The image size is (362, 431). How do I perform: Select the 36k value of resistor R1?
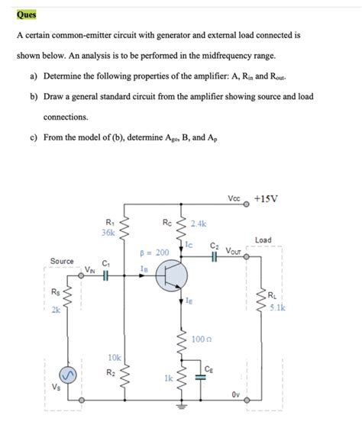tap(108, 233)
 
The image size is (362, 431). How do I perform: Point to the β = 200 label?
tap(154, 252)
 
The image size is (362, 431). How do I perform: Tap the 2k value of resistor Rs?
tap(56, 310)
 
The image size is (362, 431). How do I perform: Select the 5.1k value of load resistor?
tap(276, 308)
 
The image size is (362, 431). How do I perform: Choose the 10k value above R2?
tap(114, 357)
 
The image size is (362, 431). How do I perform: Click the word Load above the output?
tap(263, 240)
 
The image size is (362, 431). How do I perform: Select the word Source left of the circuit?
tap(62, 262)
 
